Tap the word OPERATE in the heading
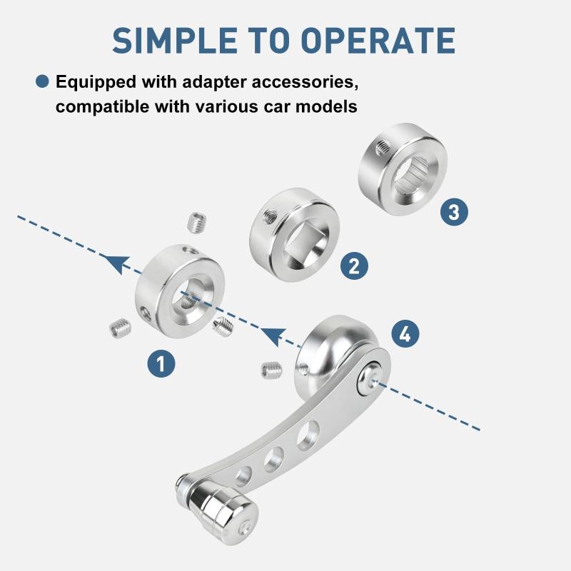coord(378,41)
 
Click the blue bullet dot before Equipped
coord(42,81)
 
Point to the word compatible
coord(103,106)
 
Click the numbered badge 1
coord(161,363)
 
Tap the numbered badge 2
coord(354,266)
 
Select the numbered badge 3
coord(454,212)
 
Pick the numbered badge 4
coord(405,333)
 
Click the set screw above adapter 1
coord(198,223)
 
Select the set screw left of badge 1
coord(121,328)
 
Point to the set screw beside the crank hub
coord(272,370)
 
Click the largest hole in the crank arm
coord(308,435)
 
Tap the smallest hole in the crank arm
coord(243,476)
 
